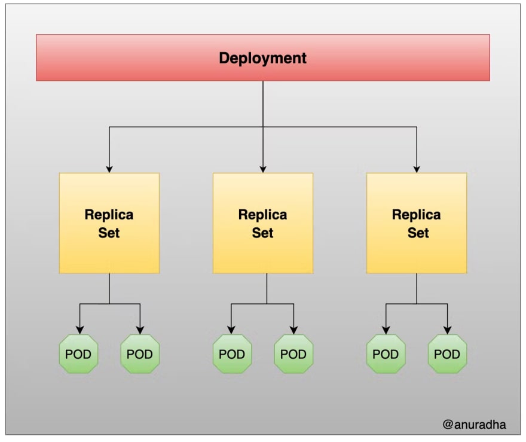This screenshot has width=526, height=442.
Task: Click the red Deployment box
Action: [262, 57]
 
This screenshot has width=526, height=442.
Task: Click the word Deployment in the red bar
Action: [262, 58]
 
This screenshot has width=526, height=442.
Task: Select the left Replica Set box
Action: [109, 223]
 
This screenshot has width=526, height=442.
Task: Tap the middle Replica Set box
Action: [262, 223]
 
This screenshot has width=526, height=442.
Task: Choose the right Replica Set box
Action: [416, 223]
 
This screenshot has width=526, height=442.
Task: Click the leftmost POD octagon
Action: [78, 353]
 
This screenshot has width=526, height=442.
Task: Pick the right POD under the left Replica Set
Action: [140, 353]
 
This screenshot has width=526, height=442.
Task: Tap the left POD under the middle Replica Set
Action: [232, 353]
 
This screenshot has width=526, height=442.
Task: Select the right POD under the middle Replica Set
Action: [293, 353]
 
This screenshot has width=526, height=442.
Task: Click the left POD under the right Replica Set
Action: [386, 353]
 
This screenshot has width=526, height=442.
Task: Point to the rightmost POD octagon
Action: [447, 353]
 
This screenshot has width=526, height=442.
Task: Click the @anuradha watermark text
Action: [474, 425]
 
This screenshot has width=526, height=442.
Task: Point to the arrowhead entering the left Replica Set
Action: [109, 169]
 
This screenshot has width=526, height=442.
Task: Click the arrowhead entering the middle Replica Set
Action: [262, 169]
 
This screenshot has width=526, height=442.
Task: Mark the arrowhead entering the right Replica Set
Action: [416, 169]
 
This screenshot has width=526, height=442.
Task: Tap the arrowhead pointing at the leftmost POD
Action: [80, 330]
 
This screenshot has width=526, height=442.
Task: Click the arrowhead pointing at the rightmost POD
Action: [447, 330]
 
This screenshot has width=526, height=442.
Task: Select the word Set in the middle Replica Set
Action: [262, 233]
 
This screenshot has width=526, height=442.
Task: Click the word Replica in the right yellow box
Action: [416, 215]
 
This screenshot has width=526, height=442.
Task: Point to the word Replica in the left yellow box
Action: [109, 215]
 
